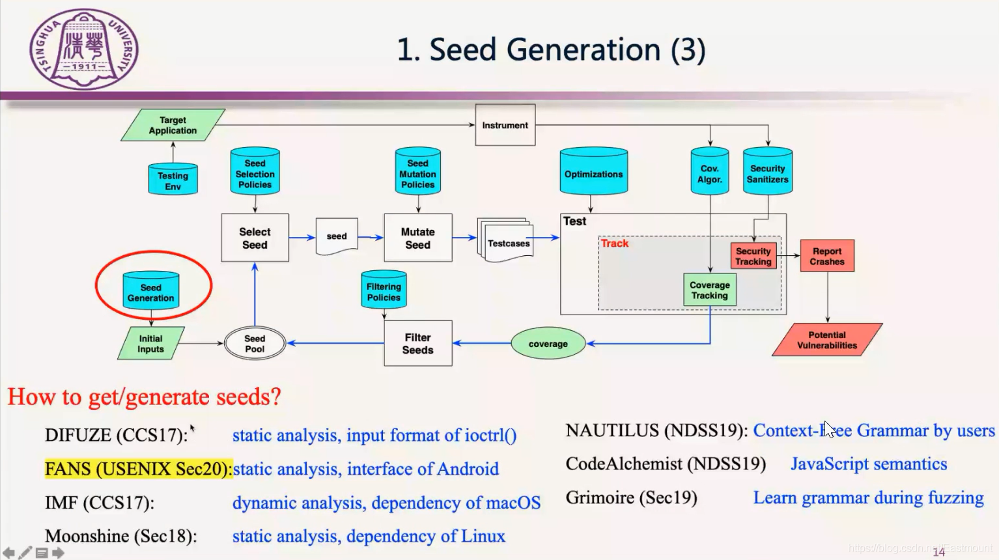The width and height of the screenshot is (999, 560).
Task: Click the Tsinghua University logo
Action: (84, 49)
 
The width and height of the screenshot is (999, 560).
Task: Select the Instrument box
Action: (505, 125)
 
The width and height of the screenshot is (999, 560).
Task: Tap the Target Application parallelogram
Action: (173, 125)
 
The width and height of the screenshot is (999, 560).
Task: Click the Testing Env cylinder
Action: (173, 180)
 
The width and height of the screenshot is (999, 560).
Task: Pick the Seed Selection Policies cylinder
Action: (255, 173)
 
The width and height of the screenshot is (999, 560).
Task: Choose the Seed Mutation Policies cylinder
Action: (417, 173)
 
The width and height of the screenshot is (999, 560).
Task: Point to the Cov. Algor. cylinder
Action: (709, 173)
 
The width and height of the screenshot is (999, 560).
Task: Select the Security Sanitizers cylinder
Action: (767, 173)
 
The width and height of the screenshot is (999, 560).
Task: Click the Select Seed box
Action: (255, 238)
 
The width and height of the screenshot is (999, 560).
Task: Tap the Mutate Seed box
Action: (417, 238)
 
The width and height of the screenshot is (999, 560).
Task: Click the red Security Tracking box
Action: (753, 256)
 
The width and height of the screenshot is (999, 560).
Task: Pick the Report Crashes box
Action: (826, 256)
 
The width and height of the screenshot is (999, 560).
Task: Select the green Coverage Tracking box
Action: (709, 290)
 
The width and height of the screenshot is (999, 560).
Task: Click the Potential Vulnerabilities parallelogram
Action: (826, 340)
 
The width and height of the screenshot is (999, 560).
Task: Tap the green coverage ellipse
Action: (548, 344)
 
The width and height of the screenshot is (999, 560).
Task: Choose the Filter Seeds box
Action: (417, 343)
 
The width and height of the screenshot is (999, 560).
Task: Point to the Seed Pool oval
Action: (255, 343)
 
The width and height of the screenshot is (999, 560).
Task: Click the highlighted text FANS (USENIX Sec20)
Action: (138, 469)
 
